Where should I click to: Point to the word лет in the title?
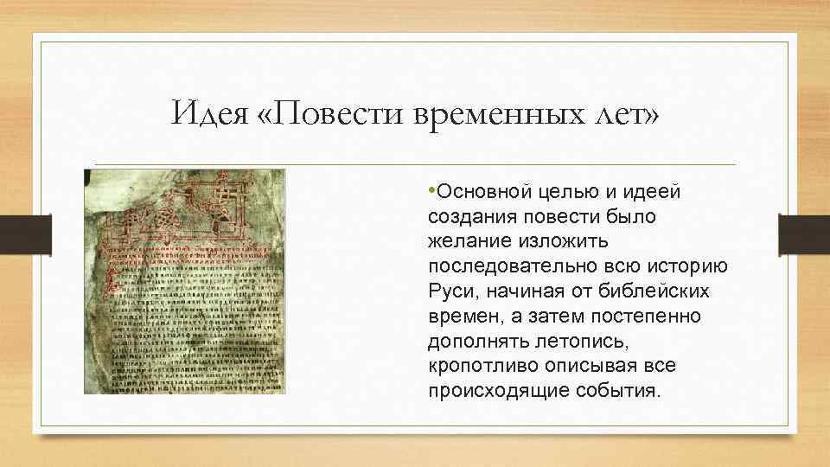[x=622, y=113]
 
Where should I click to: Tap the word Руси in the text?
[x=447, y=291]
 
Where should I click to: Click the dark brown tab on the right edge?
[x=803, y=233]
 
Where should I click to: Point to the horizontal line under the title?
[x=415, y=164]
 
